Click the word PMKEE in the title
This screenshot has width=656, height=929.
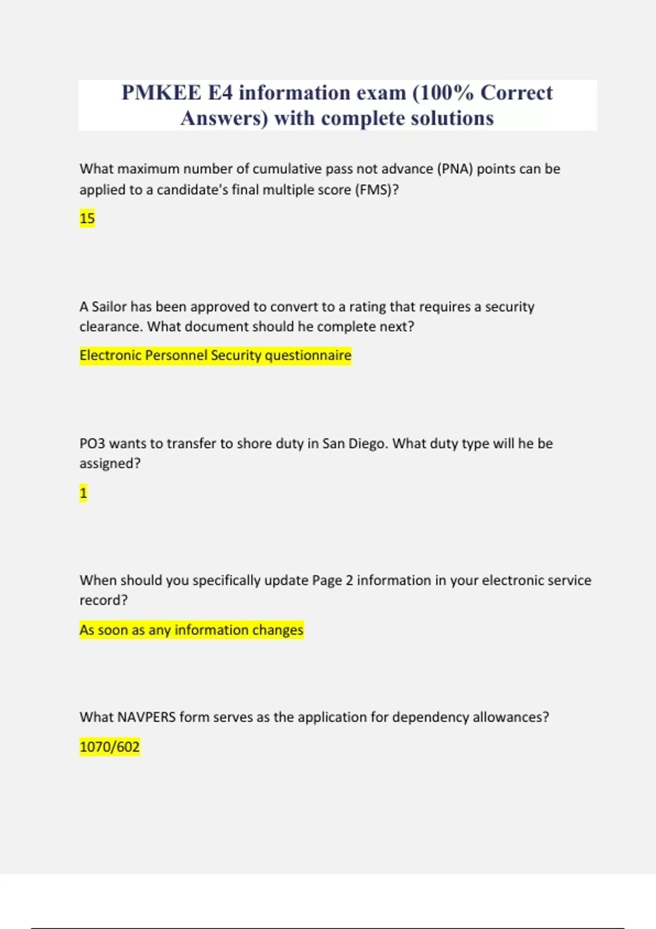(161, 93)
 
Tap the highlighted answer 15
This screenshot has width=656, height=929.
(87, 219)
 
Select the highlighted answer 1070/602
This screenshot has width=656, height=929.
(109, 746)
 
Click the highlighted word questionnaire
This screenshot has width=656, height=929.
(308, 356)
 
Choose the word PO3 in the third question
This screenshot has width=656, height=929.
(92, 443)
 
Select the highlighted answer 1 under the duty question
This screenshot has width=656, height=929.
(83, 493)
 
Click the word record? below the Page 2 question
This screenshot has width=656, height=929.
(103, 600)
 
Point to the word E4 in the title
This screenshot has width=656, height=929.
(220, 93)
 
